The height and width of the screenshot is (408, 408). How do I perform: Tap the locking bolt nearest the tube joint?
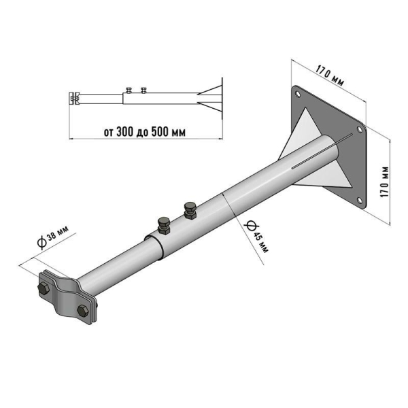pyautogui.click(x=164, y=223)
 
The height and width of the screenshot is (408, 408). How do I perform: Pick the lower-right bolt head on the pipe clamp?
pyautogui.click(x=84, y=312)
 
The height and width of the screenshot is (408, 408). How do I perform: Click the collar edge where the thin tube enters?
pyautogui.click(x=155, y=246)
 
